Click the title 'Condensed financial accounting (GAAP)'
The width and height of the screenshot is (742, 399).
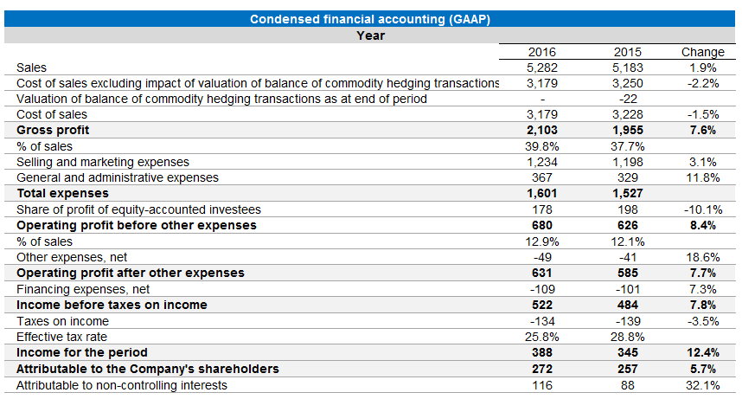(371, 20)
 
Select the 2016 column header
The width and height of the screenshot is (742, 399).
(541, 52)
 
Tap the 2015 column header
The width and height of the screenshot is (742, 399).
(627, 52)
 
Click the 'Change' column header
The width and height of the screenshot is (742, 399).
(702, 52)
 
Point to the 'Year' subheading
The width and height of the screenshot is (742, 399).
(371, 35)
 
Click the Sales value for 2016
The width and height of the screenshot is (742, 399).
(541, 68)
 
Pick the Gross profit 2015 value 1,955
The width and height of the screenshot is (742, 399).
(627, 131)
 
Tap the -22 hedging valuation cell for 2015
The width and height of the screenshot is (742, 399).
(627, 99)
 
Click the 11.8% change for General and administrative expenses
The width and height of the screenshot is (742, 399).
(702, 177)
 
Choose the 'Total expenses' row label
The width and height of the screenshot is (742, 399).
(62, 193)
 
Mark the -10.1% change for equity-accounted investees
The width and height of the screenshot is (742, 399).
(702, 209)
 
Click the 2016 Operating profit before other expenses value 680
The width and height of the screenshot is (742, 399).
(541, 225)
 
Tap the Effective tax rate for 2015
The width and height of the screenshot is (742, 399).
(627, 336)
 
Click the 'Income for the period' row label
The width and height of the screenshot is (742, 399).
(82, 352)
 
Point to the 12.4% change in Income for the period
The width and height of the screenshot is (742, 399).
(702, 352)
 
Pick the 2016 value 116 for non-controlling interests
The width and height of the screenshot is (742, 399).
(541, 384)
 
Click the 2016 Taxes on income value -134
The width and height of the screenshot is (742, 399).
(541, 320)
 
